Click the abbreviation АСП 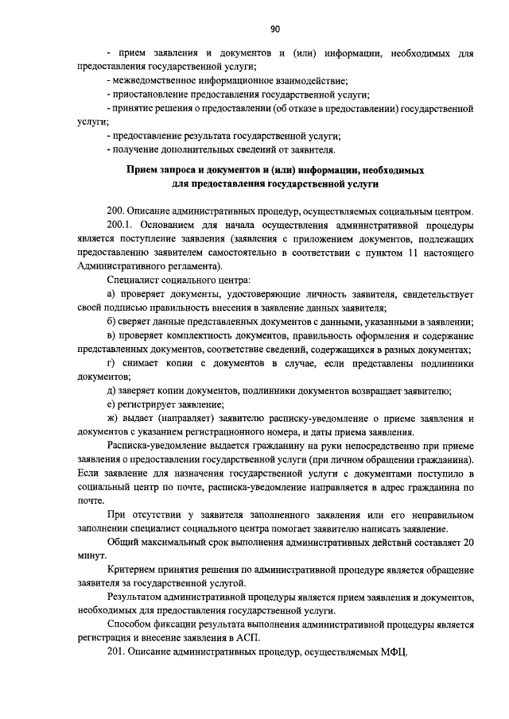pos(253,638)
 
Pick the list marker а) pos(111,295)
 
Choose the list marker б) pos(111,321)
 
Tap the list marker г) pos(111,363)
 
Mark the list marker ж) pos(112,418)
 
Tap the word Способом pos(130,624)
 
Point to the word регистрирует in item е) pos(148,404)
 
